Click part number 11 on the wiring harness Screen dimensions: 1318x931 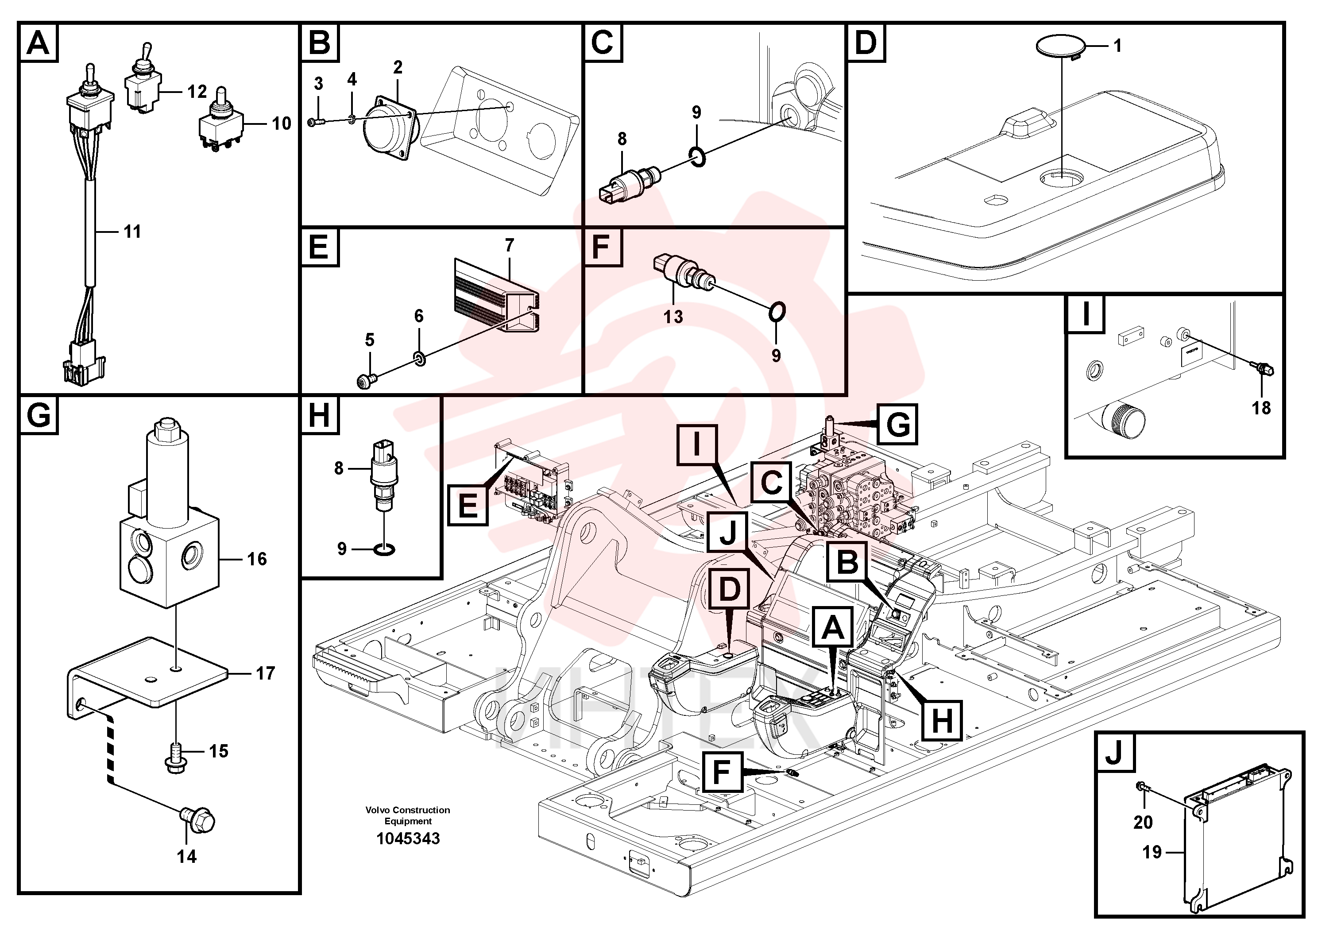[132, 232]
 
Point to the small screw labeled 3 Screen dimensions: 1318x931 [316, 122]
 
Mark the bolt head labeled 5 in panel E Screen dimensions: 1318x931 [366, 381]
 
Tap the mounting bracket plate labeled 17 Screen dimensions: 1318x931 [148, 677]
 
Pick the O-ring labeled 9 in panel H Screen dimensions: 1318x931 [384, 549]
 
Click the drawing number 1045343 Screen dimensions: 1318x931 [408, 838]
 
